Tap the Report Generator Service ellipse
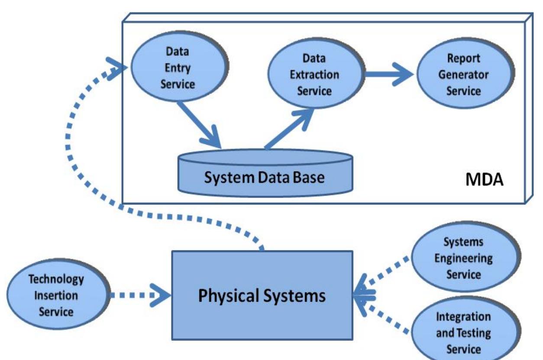[464, 75]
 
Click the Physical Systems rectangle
[262, 296]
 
